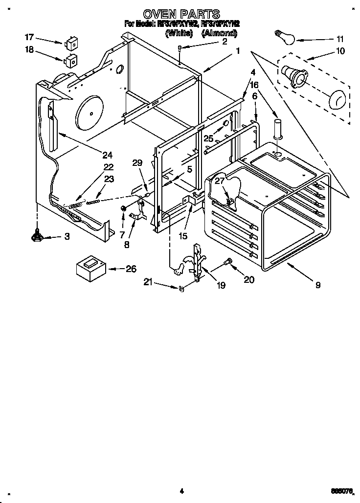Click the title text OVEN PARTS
pos(180,14)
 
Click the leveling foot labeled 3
pos(37,236)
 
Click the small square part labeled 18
pos(71,61)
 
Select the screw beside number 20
pos(227,263)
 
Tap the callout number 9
pos(318,285)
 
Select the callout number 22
pos(108,167)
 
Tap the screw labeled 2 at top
pos(180,49)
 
